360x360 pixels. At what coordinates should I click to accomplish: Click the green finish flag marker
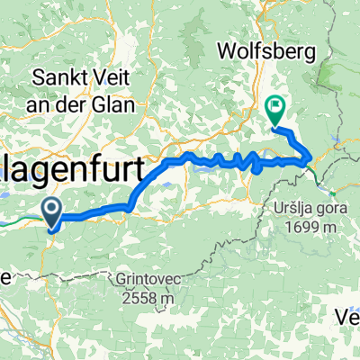[274, 111]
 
